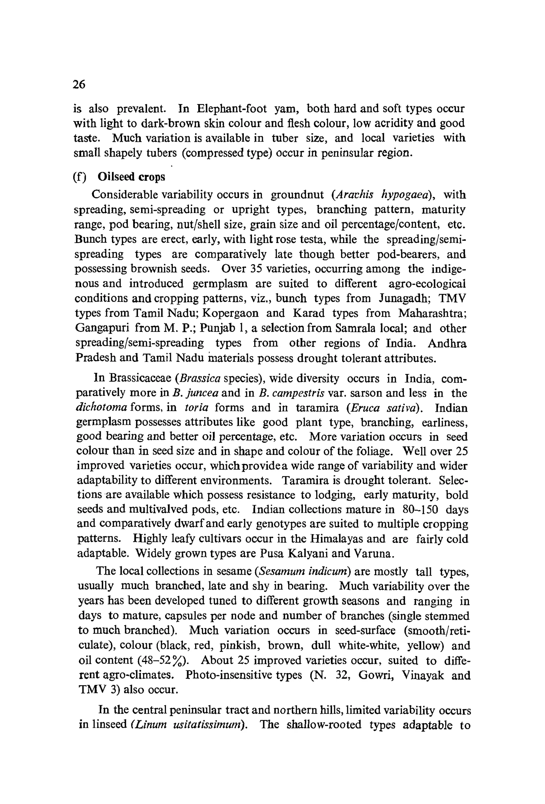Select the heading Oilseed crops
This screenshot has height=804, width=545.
[x=131, y=177]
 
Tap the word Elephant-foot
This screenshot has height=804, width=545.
[x=232, y=109]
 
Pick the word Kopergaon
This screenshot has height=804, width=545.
[x=230, y=313]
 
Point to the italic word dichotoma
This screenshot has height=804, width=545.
[x=102, y=408]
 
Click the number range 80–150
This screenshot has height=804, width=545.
[x=420, y=510]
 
